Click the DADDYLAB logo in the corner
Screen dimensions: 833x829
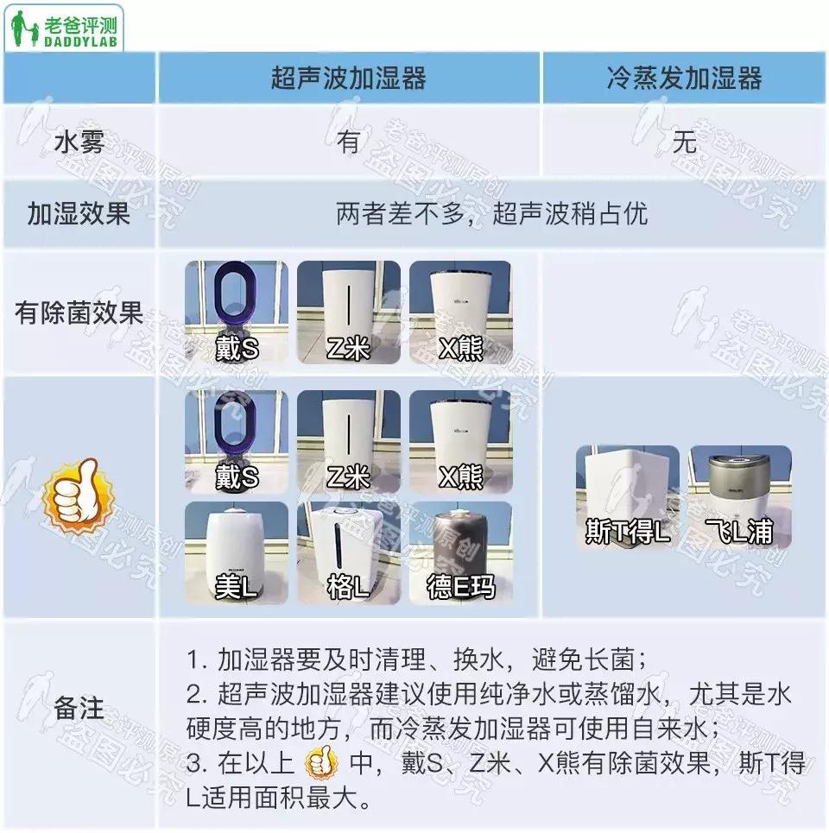66,27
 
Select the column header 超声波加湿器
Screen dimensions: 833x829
348,79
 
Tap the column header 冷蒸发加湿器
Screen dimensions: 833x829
684,79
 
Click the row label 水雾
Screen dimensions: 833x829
79,142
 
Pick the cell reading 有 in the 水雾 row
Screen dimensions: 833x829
348,142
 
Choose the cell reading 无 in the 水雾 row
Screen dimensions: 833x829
684,142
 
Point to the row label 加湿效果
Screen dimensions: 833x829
79,214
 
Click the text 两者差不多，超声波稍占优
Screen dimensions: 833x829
491,214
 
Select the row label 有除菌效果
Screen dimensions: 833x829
79,313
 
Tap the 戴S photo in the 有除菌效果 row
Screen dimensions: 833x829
237,312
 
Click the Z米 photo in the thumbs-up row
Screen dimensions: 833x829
348,441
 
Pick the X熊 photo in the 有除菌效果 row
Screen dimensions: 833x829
460,312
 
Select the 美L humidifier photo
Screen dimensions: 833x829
237,552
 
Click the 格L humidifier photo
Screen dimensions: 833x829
348,552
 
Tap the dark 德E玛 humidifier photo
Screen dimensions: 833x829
460,552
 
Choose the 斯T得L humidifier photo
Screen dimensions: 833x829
627,496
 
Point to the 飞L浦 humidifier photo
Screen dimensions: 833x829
739,496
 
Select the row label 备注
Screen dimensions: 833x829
79,710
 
